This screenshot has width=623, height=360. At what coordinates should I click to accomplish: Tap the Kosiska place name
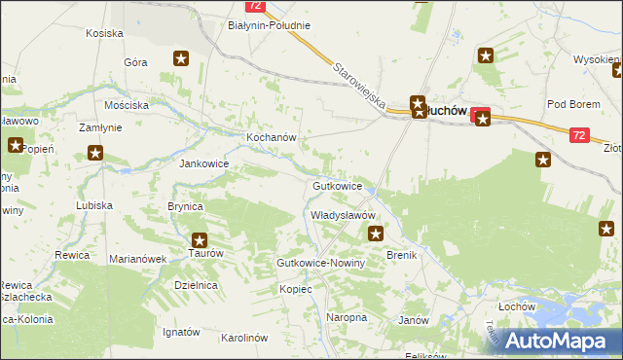click(x=104, y=33)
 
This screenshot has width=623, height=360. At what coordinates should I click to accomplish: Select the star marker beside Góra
click(x=181, y=59)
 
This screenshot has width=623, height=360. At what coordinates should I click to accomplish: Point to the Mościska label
click(x=128, y=104)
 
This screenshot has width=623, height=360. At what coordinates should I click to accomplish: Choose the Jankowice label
click(x=203, y=163)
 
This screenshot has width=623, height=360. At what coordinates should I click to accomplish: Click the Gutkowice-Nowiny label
click(x=320, y=264)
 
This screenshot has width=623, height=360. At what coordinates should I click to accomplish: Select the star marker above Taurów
click(x=200, y=239)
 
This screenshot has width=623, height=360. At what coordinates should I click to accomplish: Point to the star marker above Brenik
click(x=376, y=233)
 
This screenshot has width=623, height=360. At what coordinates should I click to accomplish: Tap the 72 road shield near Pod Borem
click(x=579, y=136)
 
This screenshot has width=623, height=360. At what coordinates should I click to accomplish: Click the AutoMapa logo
click(x=558, y=341)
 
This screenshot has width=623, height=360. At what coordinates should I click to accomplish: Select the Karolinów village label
click(x=244, y=338)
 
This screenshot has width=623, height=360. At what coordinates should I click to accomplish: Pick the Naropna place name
click(x=347, y=317)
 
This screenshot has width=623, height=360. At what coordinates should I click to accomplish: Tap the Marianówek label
click(x=137, y=259)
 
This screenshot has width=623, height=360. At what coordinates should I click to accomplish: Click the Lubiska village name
click(x=95, y=205)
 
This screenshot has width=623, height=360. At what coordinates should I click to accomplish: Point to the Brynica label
click(x=185, y=206)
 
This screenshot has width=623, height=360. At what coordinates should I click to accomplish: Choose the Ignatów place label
click(x=181, y=332)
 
